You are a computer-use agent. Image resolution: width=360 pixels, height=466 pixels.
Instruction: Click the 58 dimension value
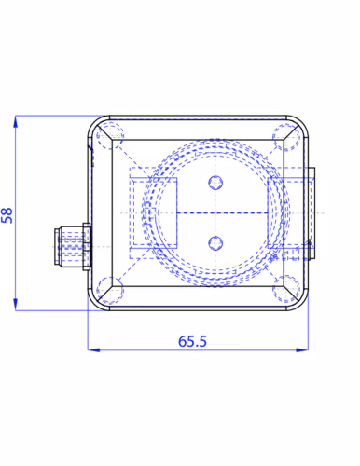7,215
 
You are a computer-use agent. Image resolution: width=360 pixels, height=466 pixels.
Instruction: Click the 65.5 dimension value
192,341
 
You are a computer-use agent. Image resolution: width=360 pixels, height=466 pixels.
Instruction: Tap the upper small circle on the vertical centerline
215,183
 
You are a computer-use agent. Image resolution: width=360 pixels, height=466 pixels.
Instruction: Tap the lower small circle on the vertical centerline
215,243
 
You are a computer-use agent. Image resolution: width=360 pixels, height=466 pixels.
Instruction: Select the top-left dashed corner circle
109,136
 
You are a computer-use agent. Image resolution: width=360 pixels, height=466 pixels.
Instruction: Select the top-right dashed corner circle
286,137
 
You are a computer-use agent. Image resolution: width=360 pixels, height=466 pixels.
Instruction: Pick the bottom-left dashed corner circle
110,290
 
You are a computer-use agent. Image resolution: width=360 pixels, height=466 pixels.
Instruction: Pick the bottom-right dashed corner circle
286,289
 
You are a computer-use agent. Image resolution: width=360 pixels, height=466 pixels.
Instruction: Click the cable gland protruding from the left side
72,246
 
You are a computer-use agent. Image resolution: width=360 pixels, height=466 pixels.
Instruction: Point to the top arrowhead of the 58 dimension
15,120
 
